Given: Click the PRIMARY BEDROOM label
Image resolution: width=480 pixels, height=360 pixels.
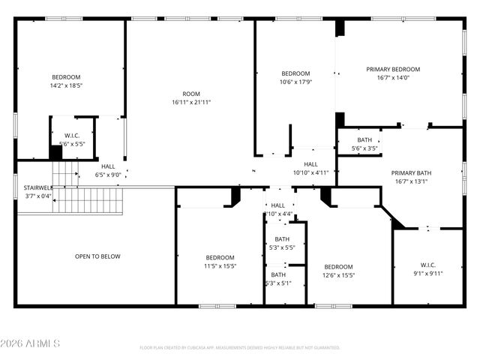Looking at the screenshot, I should pos(393,69).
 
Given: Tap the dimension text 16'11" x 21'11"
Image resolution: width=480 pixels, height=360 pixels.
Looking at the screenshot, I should pos(191,102).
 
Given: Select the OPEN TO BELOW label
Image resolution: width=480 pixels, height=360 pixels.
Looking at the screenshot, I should pos(97,256).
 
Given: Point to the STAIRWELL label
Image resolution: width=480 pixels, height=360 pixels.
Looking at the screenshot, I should pos(37,187).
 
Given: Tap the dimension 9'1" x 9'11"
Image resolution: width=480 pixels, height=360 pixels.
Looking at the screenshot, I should pos(427,273).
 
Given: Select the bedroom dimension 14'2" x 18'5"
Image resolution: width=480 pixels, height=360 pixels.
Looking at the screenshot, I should pos(66,86).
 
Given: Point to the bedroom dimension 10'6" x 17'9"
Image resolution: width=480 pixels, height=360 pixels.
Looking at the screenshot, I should pos(295,82).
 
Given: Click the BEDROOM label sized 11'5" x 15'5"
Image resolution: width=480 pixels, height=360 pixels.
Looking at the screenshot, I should pos(220,257).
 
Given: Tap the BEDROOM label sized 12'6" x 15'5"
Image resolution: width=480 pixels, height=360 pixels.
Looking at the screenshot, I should pos(338,266).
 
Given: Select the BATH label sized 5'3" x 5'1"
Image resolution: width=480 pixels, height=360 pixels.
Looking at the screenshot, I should pos(279,274).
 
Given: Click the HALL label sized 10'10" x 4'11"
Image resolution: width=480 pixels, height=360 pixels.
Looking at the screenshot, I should pos(310,163).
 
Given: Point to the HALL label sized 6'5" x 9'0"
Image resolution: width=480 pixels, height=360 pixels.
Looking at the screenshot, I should pos(108,166).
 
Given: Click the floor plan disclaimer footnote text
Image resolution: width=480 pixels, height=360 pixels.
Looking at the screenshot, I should pos(240,347).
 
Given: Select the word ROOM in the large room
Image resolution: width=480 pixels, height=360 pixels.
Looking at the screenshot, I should pos(191,94).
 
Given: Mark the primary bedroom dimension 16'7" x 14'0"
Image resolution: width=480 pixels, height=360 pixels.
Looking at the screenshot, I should pos(393,77).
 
